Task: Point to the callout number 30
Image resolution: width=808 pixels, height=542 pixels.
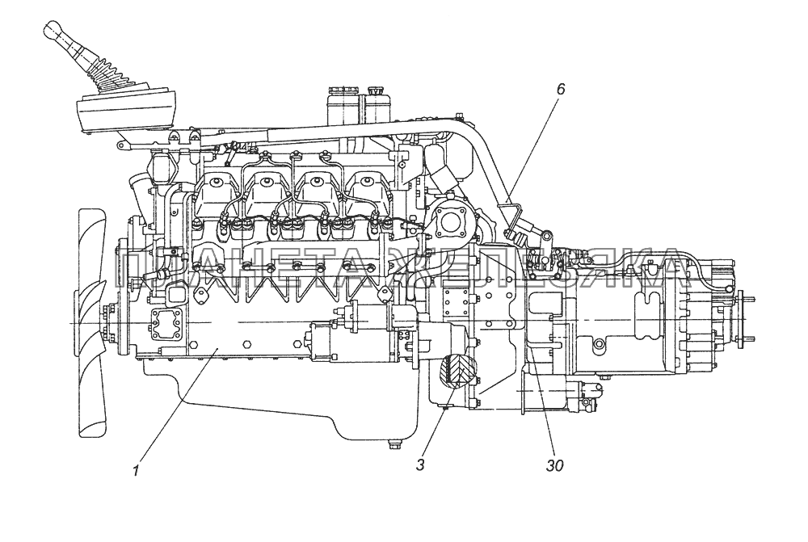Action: coord(554,465)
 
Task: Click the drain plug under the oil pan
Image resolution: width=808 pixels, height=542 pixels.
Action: coord(394,443)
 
